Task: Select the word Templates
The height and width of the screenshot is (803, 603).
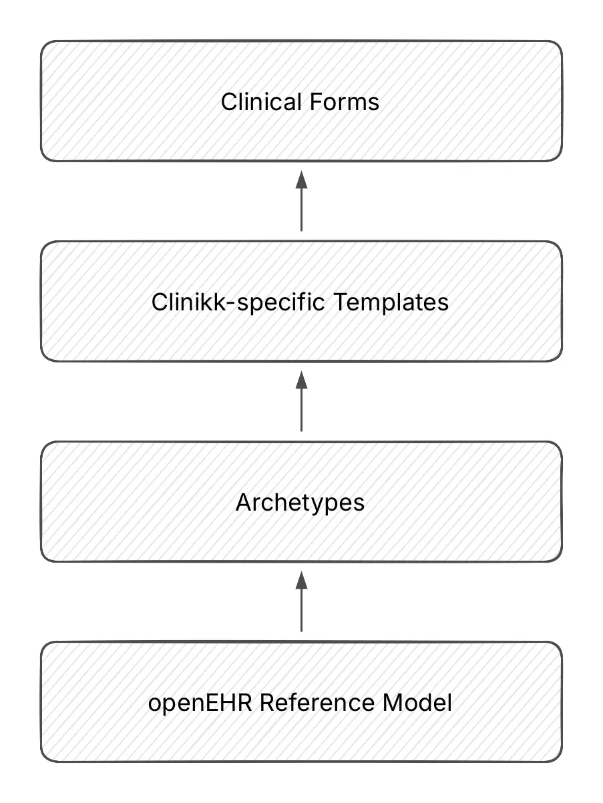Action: tap(391, 302)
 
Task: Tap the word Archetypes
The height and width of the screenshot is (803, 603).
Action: tap(300, 502)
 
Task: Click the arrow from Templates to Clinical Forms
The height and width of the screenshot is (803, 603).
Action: tap(301, 207)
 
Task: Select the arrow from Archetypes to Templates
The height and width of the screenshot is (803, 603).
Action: tap(301, 407)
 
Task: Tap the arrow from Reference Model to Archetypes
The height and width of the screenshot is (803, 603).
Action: tap(301, 607)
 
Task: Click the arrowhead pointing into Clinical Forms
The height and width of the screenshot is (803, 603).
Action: tap(301, 179)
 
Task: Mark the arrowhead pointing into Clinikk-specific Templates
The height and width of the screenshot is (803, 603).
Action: tap(301, 379)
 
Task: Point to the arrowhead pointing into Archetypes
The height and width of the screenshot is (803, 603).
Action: tap(301, 579)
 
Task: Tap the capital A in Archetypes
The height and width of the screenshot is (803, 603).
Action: tap(243, 502)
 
